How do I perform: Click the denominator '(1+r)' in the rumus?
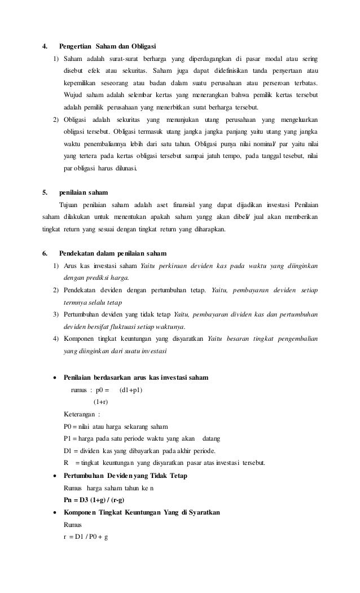click(101, 401)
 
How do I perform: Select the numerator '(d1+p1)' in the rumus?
click(131, 389)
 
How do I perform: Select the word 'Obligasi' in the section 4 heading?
click(142, 46)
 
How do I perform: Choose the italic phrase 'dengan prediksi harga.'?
click(96, 278)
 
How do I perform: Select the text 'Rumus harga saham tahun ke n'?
click(109, 488)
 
